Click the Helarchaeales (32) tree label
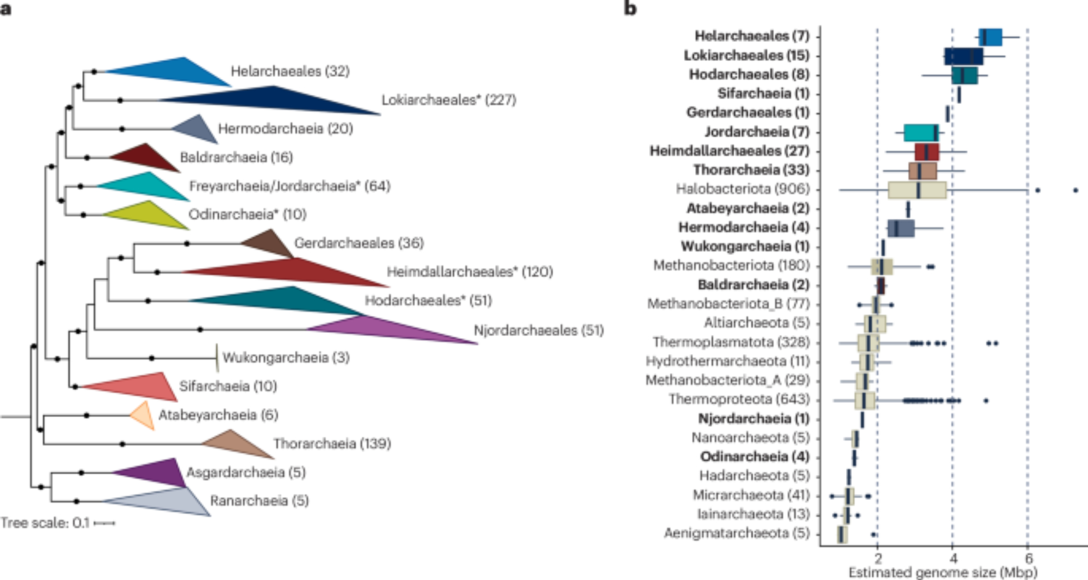coord(290,71)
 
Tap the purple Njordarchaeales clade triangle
coord(381,329)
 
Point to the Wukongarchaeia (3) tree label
coord(286,358)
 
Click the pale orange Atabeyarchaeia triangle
coord(141,416)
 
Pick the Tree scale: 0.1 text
coord(45,523)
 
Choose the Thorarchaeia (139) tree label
coord(332,444)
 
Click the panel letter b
coord(630,9)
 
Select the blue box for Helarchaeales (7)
coord(990,37)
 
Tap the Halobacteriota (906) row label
coord(743,189)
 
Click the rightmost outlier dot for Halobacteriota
coord(1075,190)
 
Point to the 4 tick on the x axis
coord(953,558)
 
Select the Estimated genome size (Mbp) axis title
coord(943,572)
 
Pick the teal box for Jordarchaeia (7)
coord(921,132)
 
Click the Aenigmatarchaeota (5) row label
coord(737,533)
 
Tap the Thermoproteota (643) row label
coord(739,399)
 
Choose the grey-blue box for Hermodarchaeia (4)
coord(901,228)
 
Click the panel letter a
coord(6,9)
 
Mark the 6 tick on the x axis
coord(1028,558)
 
